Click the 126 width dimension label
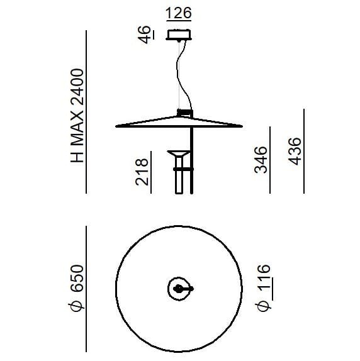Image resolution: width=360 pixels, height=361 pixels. click(179, 13)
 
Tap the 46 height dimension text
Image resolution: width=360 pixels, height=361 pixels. click(145, 35)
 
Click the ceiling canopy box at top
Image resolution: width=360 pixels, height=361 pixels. click(180, 34)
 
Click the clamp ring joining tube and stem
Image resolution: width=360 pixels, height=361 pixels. click(183, 169)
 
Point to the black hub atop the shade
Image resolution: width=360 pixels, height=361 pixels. click(184, 113)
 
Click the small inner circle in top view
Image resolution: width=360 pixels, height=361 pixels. click(179, 289)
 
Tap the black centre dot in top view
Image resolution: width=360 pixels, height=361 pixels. click(181, 289)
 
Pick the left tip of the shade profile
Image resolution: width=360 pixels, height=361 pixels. click(118, 126)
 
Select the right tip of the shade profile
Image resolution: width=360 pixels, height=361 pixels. click(242, 126)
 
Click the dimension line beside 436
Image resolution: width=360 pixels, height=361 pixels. click(303, 151)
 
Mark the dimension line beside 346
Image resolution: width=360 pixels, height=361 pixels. click(271, 160)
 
